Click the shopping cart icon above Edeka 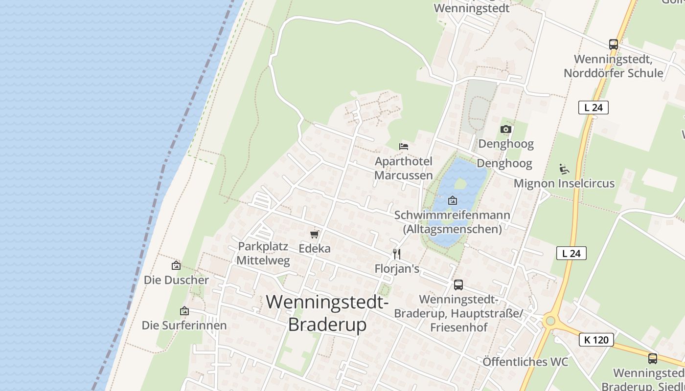click(315, 235)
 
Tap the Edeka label click(315, 248)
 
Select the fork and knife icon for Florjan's click(397, 254)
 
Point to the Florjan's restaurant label click(397, 269)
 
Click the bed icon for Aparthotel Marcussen click(404, 146)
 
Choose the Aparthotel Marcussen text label click(404, 168)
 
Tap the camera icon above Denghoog click(506, 130)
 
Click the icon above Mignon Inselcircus click(564, 169)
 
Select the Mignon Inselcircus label click(564, 184)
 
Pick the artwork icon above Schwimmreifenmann click(453, 200)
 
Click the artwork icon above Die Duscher click(176, 265)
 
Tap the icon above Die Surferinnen click(184, 311)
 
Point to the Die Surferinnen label click(184, 325)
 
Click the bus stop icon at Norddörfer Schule click(614, 44)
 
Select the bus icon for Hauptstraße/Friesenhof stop click(458, 284)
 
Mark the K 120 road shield click(596, 340)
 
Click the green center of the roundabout click(550, 321)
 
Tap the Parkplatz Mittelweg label click(263, 253)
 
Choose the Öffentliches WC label click(525, 362)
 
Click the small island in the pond click(460, 184)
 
